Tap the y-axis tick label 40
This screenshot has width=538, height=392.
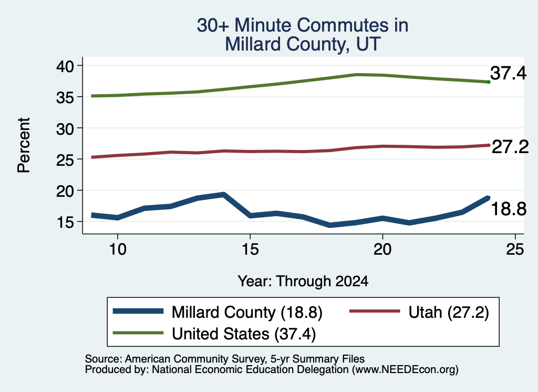tap(65, 66)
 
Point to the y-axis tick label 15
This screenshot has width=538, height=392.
tap(65, 222)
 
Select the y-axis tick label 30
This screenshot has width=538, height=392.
tap(65, 129)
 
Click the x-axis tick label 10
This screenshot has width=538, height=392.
tap(118, 249)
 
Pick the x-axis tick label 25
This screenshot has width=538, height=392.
tap(515, 249)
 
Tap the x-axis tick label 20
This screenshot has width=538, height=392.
tap(382, 249)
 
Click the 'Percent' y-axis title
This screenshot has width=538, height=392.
tap(24, 145)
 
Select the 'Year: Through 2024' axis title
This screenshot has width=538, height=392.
tap(303, 281)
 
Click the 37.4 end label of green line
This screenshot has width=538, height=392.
tap(508, 73)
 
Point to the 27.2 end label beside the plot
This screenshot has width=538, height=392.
tap(510, 147)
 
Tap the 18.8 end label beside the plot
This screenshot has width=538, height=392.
tap(509, 209)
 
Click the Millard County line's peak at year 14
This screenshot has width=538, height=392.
tap(223, 195)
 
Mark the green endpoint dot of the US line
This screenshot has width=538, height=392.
tap(489, 82)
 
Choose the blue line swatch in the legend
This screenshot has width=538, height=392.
tap(138, 311)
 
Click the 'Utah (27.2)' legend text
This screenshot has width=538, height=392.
tap(449, 313)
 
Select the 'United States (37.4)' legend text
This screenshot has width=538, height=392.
tap(244, 334)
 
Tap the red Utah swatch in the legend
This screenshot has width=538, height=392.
tap(375, 311)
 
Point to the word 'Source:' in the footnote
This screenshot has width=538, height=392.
tap(104, 359)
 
